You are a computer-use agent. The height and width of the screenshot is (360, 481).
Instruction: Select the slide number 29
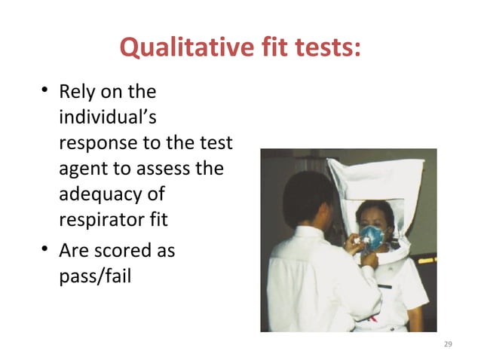pos(448,343)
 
